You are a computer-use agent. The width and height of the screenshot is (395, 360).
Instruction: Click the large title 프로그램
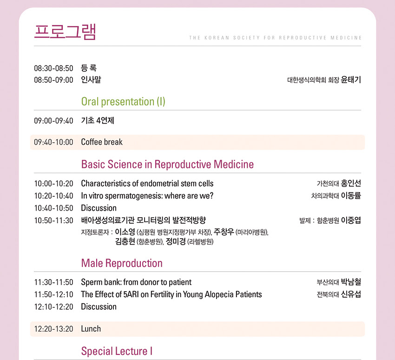point(65,32)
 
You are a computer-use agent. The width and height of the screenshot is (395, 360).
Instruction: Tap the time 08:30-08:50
point(53,68)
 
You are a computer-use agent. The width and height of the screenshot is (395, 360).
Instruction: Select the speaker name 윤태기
point(351,80)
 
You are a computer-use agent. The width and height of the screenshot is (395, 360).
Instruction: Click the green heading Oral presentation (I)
point(123,101)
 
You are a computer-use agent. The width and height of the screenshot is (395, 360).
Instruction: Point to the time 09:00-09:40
point(53,121)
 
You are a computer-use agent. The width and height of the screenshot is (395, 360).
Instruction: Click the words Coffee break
point(102,142)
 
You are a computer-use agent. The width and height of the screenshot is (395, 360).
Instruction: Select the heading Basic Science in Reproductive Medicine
point(167,164)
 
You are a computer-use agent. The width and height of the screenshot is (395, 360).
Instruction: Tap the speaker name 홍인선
point(351,183)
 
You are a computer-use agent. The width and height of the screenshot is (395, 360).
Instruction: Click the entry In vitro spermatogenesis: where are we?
point(147,196)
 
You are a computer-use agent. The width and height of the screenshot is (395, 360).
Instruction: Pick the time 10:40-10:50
point(53,208)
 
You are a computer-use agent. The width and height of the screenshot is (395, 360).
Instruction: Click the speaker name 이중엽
point(351,220)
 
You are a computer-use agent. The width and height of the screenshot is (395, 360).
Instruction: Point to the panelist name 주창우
point(224,232)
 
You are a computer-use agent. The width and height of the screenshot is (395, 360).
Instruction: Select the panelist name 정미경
point(176,241)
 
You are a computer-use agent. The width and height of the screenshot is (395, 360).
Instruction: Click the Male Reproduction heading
point(122,263)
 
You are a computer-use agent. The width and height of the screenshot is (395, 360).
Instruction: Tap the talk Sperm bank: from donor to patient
point(136,282)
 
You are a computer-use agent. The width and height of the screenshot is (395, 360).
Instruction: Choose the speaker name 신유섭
point(351,294)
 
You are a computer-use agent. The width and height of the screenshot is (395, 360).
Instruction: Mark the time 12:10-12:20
point(53,307)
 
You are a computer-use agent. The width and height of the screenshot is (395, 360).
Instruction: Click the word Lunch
point(91,329)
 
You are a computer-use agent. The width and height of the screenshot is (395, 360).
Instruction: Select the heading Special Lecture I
point(117,351)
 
